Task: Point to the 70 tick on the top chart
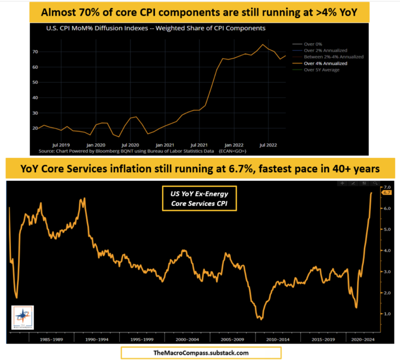(x=35, y=52)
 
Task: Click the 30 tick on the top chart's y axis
(x=35, y=113)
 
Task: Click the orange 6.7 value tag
(x=387, y=193)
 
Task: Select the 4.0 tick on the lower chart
(x=387, y=251)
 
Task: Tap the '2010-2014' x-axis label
(x=278, y=340)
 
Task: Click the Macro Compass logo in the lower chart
(x=22, y=317)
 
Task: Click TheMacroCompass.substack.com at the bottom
(x=201, y=353)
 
